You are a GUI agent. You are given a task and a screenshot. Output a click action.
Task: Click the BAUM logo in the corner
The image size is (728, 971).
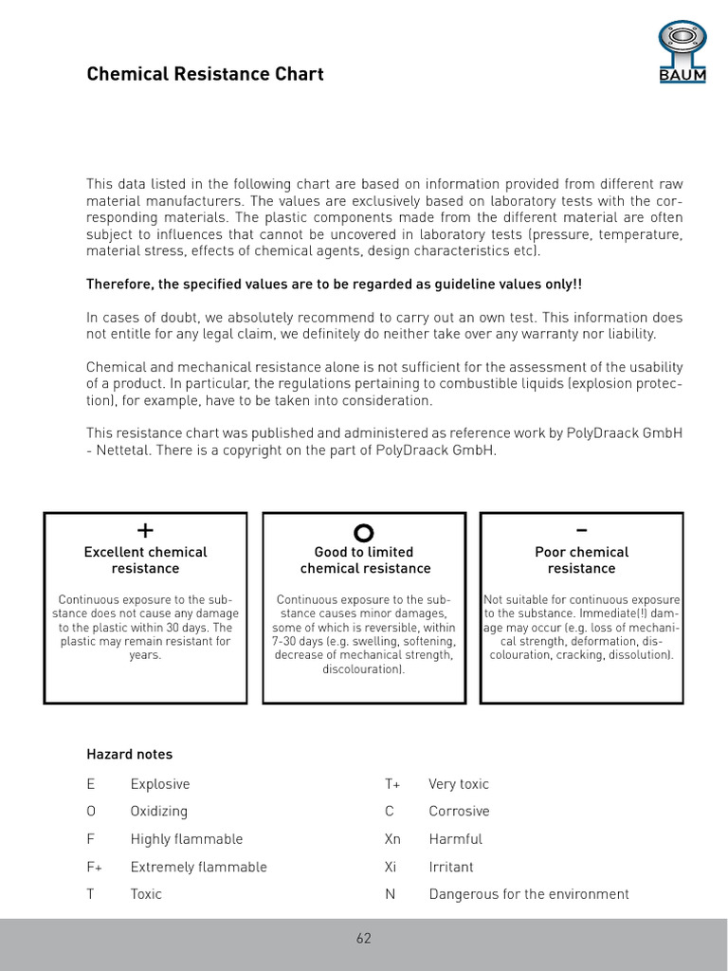click(x=682, y=53)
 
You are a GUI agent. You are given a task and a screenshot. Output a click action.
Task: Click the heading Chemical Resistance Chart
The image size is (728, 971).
click(x=205, y=74)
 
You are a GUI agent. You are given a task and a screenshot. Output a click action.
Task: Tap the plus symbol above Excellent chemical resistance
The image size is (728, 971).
click(x=145, y=529)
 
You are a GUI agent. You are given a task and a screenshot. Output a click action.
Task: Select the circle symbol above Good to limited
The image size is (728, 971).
click(x=364, y=532)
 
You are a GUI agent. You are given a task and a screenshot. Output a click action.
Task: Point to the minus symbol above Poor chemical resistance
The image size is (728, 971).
click(x=581, y=529)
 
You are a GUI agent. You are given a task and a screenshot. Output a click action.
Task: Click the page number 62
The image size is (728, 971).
click(x=364, y=939)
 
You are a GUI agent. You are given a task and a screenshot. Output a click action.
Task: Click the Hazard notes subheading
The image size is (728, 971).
click(x=130, y=755)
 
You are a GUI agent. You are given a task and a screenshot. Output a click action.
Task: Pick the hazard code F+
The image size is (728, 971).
click(x=95, y=867)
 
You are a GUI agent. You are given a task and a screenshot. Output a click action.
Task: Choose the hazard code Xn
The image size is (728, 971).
click(x=392, y=839)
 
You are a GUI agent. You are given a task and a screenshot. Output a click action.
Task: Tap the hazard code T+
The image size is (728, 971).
click(x=392, y=784)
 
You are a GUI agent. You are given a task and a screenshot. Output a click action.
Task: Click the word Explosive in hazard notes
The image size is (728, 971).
click(x=160, y=784)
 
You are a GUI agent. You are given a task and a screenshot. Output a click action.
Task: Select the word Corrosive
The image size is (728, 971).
click(x=459, y=812)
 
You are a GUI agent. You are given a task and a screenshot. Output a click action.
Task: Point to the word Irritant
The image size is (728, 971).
click(x=451, y=867)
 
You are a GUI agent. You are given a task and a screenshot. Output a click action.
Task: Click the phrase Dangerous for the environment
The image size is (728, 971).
click(x=529, y=894)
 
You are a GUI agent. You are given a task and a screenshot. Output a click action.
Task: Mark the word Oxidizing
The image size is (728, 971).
click(x=159, y=812)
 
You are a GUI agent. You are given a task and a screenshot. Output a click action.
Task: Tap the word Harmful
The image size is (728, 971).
click(x=455, y=839)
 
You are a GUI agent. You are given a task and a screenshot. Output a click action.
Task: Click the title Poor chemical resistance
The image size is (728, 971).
click(x=581, y=560)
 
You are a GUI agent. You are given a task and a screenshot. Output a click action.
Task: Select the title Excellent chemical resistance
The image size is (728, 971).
click(x=145, y=560)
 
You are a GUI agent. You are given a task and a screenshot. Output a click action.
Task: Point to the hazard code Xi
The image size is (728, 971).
click(x=390, y=867)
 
